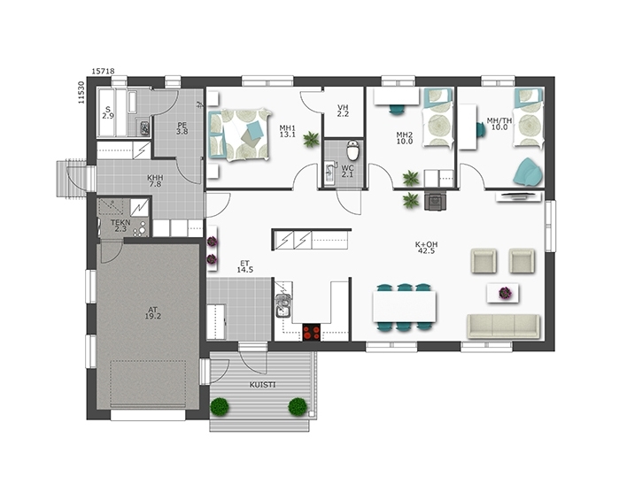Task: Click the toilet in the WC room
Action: point(353,150)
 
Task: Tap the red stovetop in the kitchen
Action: point(312,332)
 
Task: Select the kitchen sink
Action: point(283,306)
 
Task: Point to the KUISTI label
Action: point(262,385)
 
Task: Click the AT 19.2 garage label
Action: point(152,312)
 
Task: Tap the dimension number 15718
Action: point(103,71)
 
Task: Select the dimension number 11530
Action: point(81,92)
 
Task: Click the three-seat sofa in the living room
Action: point(503,327)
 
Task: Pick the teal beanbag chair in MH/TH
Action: point(528,172)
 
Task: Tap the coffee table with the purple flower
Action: point(503,293)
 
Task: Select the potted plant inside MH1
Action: point(311,140)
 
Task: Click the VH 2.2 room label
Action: point(343,111)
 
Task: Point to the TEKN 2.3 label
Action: point(120,226)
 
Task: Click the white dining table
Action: point(404,306)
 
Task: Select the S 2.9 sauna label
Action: point(108,112)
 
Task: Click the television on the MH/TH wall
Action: point(519,196)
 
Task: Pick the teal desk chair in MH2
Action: point(397,109)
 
